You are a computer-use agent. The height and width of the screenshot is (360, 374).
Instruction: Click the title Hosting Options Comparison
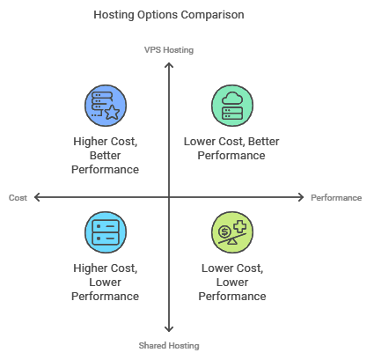(169, 15)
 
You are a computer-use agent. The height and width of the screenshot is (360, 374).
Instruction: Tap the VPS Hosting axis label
(169, 50)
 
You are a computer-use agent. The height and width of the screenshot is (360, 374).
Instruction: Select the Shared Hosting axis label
(169, 346)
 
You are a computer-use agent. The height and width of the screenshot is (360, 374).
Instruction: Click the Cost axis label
(18, 197)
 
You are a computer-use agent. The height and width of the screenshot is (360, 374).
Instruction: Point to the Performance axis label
(336, 198)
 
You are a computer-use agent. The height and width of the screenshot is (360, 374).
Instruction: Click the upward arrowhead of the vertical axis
(169, 64)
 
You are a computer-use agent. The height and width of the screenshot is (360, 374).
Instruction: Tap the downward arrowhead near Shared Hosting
(169, 329)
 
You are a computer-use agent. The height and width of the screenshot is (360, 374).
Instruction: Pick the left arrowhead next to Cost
(36, 197)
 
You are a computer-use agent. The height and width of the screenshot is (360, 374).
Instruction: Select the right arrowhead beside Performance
(301, 197)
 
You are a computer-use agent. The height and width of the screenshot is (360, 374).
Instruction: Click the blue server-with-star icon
(106, 106)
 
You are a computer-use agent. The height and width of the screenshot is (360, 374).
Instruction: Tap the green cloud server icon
(232, 106)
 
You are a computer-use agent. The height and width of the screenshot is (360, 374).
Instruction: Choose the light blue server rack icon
(106, 232)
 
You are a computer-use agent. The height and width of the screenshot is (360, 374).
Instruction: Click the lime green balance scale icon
(232, 232)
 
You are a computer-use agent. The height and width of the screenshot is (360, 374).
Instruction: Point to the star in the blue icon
(113, 113)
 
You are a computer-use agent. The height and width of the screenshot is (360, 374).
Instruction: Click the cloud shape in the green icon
(232, 99)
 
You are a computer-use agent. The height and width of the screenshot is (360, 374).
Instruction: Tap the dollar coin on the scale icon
(224, 231)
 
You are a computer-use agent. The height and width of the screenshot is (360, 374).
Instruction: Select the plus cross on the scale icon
(240, 226)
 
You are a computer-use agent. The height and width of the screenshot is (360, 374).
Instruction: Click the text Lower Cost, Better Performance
(231, 149)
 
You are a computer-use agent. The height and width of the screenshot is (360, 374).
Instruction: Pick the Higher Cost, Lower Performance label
(106, 283)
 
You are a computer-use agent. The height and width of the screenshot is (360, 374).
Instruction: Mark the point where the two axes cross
(169, 197)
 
